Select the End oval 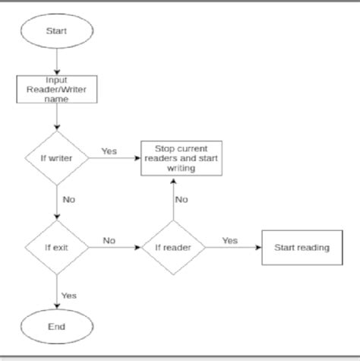57,327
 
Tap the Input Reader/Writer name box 57,89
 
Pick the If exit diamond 57,248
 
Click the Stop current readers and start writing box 174,159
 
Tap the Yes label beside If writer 109,151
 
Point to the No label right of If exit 109,240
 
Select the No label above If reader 182,199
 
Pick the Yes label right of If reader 229,240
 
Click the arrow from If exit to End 57,293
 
